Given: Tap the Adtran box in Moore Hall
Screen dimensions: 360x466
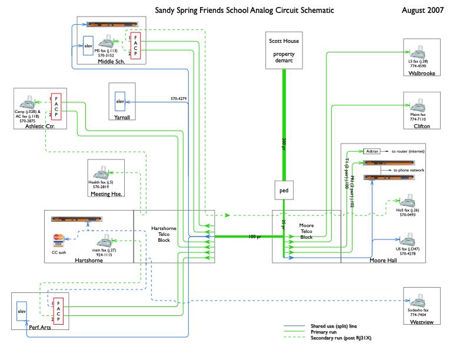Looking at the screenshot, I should coord(372,151).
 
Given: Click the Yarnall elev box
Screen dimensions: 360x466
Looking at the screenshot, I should coord(120,102).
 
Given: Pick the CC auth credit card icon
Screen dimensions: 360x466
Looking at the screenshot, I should coord(58,239).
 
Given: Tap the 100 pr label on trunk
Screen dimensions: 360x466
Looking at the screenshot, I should coord(255,236).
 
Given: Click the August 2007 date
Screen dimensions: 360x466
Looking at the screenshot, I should coord(422,11).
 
